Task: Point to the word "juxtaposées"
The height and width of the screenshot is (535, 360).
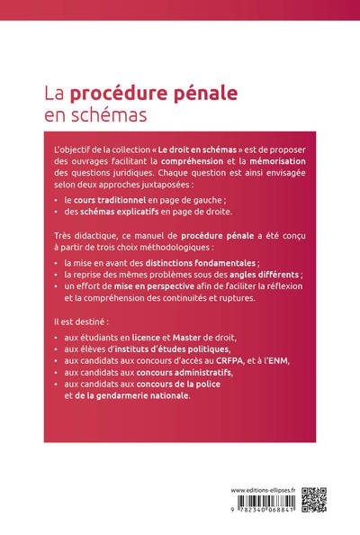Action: pyautogui.click(x=190, y=185)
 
